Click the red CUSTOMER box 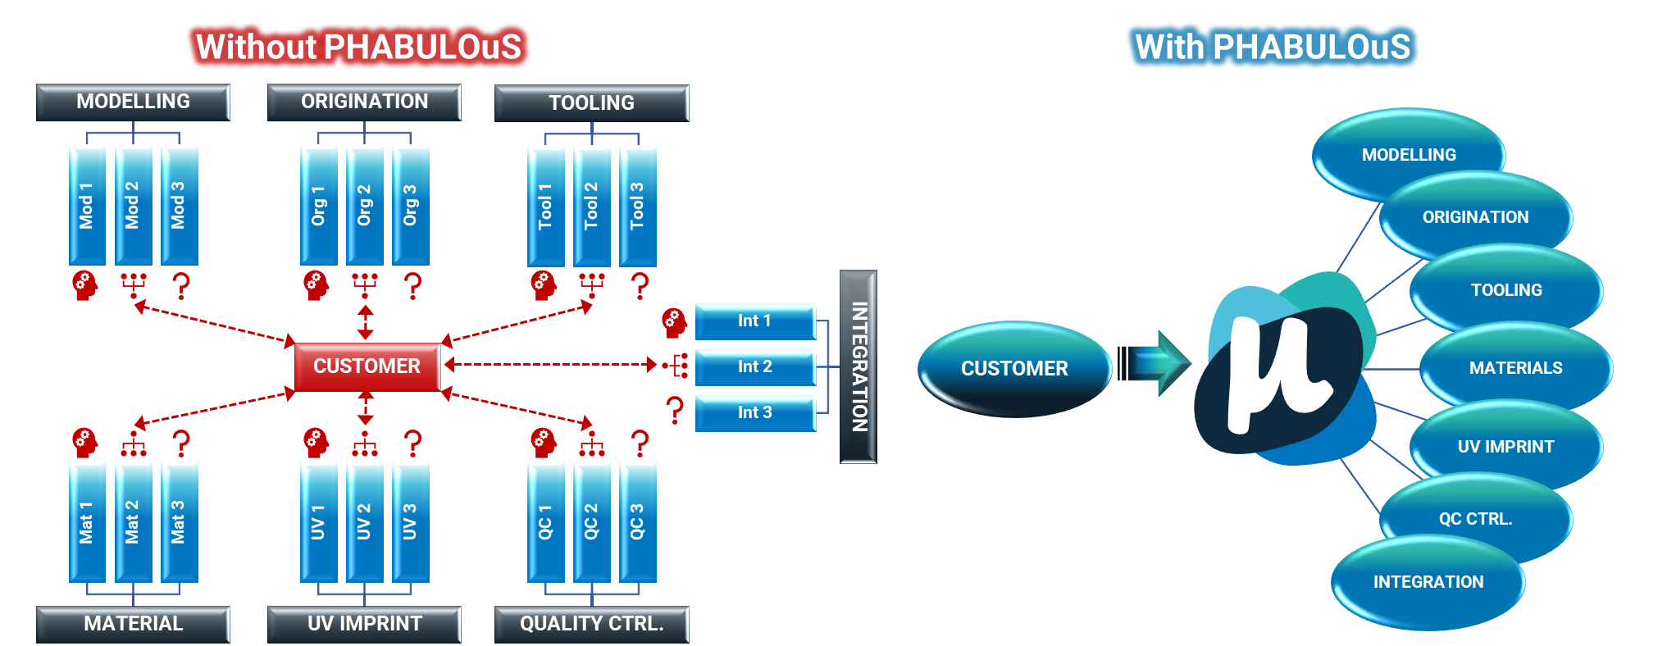pos(367,366)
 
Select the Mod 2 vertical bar pos(133,205)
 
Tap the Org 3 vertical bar pos(410,205)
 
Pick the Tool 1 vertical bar pos(545,206)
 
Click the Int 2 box pos(754,366)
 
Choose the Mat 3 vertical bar pos(179,521)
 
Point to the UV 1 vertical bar pos(318,521)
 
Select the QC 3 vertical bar pos(637,521)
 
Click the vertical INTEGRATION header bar pos(858,366)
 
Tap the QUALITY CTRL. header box pos(591,624)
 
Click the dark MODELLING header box pos(133,102)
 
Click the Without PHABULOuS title pos(358,47)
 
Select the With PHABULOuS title pos(1273,47)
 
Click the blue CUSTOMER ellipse pos(1014,369)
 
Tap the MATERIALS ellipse pos(1515,368)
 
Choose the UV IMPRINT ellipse pos(1505,447)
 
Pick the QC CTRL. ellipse pos(1475,519)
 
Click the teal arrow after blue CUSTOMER pos(1158,363)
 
